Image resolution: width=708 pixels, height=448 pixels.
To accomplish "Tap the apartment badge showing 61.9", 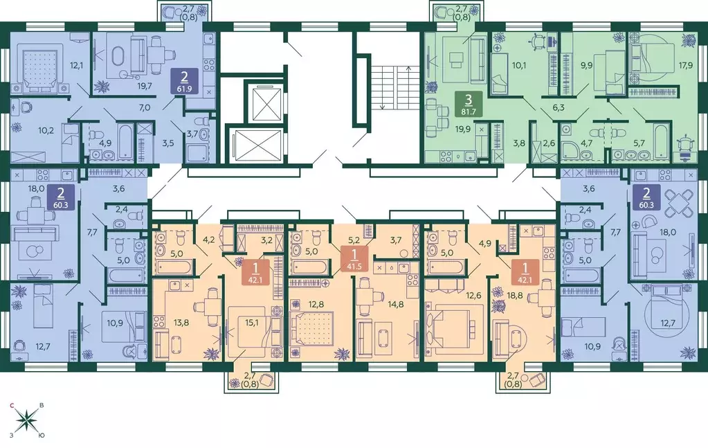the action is coord(184,81).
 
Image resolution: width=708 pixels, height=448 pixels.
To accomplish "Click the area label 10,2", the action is coord(46,129).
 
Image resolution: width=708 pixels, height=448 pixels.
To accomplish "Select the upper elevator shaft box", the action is coord(263,101).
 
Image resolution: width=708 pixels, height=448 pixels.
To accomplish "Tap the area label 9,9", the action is coord(587,66).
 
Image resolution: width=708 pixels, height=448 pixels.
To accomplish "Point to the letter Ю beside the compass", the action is coord(41,436).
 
